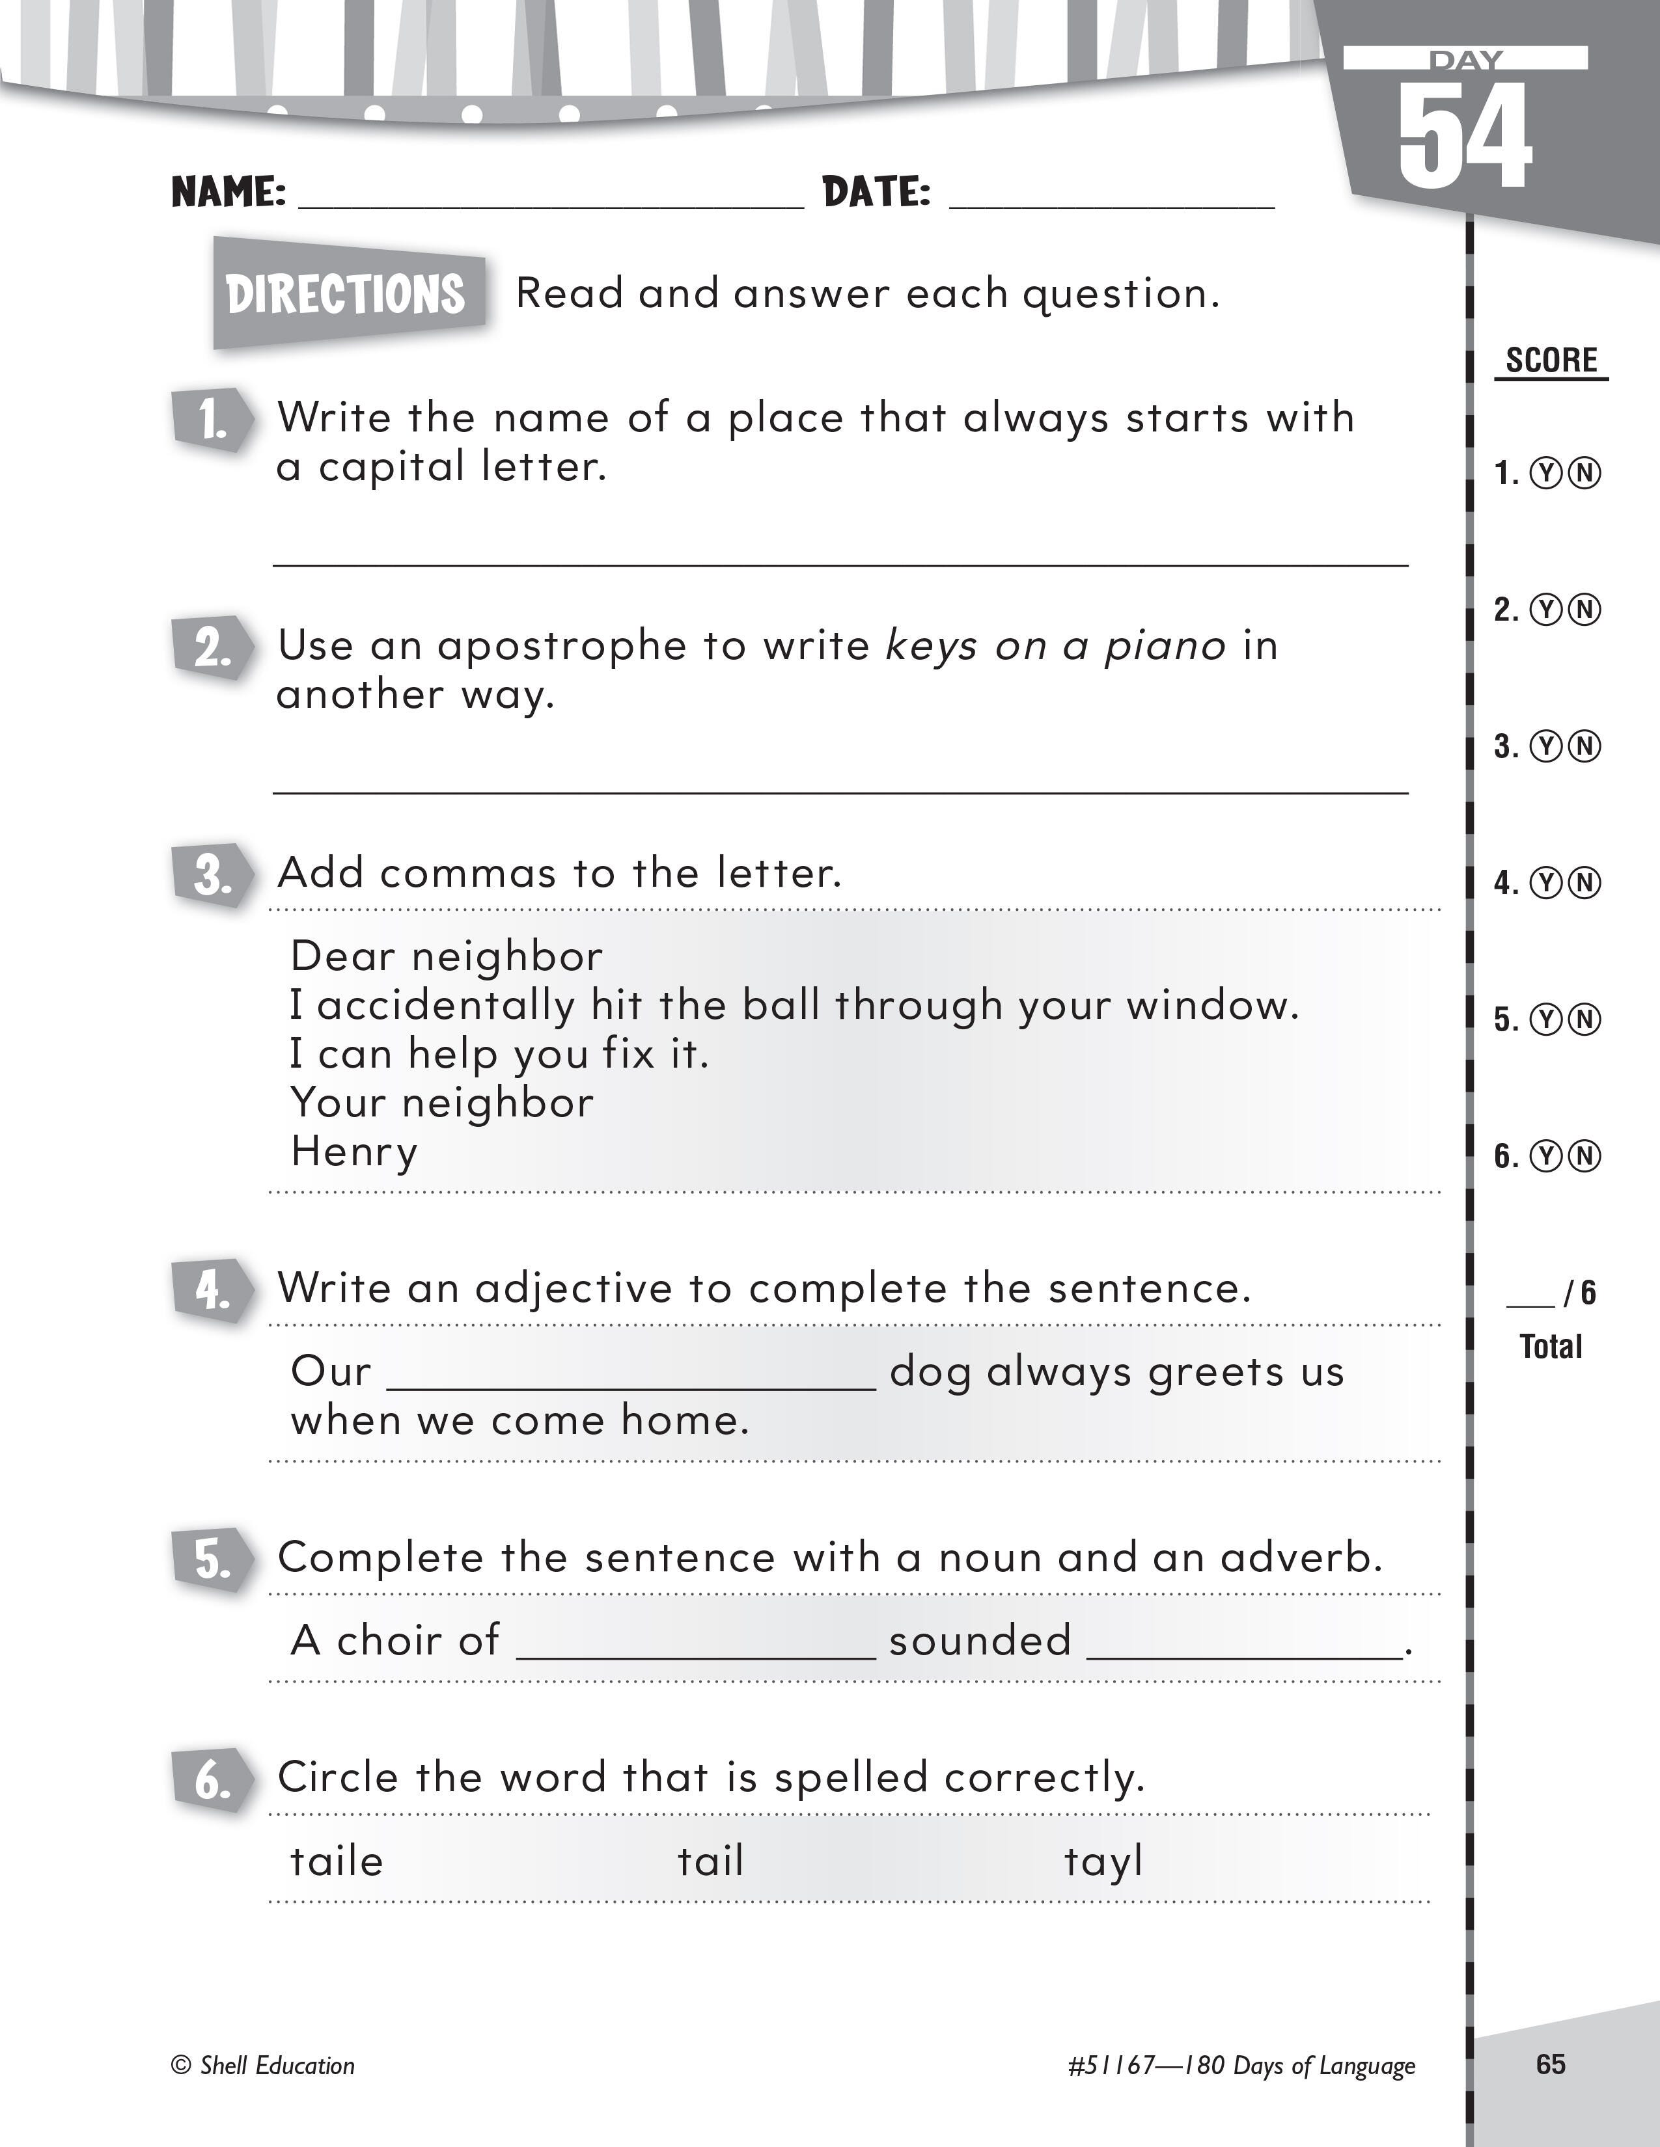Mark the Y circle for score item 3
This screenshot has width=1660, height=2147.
click(1547, 747)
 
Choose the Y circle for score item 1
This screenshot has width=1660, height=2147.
click(1547, 474)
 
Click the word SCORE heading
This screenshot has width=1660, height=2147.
click(1551, 361)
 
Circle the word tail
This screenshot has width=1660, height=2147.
click(710, 1861)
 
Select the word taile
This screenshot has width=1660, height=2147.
click(337, 1861)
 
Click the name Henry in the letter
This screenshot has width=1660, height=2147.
click(354, 1151)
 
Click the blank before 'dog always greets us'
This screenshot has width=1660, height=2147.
click(631, 1372)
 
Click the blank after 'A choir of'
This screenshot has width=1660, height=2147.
click(695, 1641)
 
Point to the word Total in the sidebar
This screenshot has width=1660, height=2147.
click(1551, 1347)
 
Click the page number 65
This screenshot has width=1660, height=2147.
click(1550, 2064)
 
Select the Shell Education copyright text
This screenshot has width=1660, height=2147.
click(264, 2066)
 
